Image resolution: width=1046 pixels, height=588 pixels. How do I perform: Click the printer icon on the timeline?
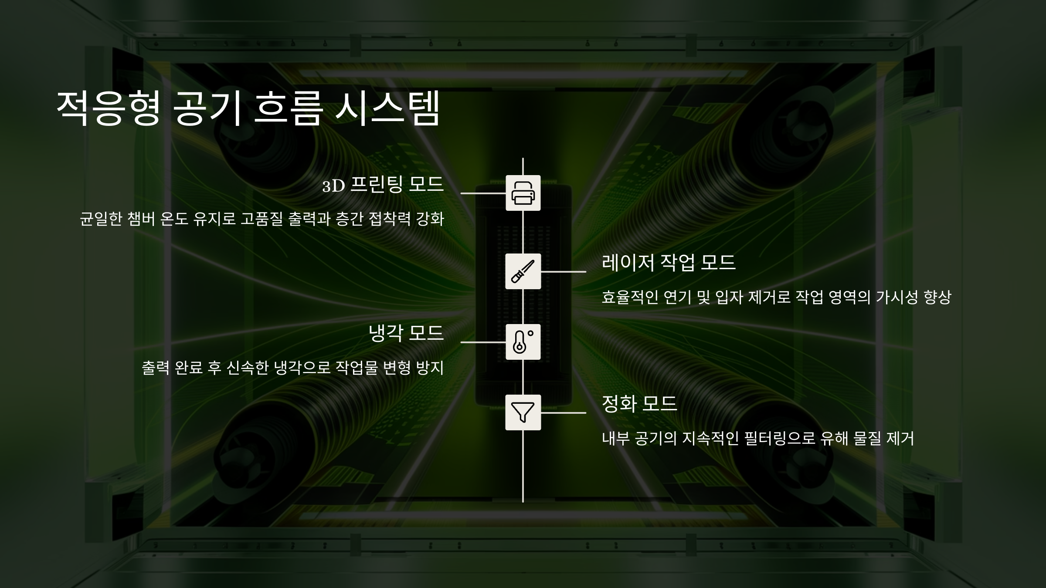click(x=523, y=193)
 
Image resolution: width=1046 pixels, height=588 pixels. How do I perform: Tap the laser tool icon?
click(x=523, y=271)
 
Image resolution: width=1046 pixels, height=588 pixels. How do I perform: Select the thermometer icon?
click(x=523, y=342)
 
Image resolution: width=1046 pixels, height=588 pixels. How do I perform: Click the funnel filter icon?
click(x=523, y=412)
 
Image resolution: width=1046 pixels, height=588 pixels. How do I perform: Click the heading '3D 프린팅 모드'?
click(x=383, y=185)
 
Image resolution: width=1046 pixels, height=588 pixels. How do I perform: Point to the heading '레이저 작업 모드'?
click(x=669, y=263)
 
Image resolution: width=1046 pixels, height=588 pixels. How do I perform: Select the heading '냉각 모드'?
click(x=406, y=333)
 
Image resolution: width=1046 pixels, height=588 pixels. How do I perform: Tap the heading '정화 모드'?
click(x=639, y=404)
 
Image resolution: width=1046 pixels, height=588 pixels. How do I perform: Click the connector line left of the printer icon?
click(x=483, y=193)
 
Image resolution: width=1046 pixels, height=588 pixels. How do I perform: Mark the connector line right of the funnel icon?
click(x=564, y=412)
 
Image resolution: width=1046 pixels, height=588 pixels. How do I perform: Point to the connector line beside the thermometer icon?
click(x=483, y=342)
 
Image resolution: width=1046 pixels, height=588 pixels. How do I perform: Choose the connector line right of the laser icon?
click(x=564, y=271)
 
